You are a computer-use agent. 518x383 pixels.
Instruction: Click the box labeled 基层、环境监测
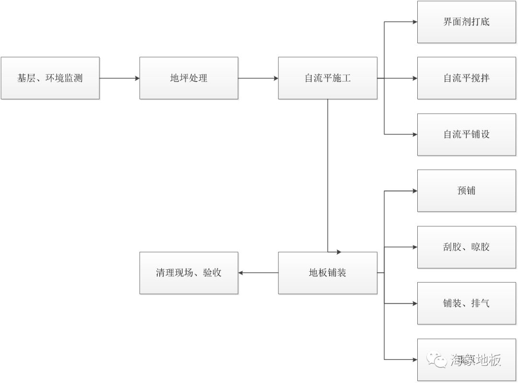[x=50, y=78]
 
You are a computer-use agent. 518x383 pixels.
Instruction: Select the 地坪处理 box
[x=188, y=78]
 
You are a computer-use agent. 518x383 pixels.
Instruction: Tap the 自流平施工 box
[x=328, y=78]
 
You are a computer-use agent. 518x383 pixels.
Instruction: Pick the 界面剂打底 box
[x=467, y=22]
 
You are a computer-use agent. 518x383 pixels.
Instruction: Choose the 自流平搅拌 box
[x=467, y=78]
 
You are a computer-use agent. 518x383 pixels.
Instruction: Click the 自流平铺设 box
[x=467, y=134]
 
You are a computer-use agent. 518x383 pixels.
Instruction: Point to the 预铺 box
[x=467, y=191]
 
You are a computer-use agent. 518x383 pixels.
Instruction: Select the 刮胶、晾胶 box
[x=467, y=247]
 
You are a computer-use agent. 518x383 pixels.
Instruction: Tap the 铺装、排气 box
[x=467, y=303]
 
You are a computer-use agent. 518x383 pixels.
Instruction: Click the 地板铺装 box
[x=328, y=273]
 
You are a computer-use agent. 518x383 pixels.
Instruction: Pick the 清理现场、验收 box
[x=188, y=273]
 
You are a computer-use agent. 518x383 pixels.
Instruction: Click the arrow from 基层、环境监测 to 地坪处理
[x=119, y=78]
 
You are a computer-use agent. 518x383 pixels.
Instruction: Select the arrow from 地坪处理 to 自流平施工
[x=258, y=78]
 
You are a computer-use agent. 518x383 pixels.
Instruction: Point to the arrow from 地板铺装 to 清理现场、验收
[x=258, y=273]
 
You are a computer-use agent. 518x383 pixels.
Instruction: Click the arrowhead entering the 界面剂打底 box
[x=414, y=22]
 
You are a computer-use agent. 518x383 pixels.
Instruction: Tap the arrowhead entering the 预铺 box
[x=414, y=191]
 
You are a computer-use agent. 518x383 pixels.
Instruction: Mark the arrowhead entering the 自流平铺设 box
[x=414, y=134]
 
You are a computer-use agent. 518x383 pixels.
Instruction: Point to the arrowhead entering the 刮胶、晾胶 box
[x=414, y=247]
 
